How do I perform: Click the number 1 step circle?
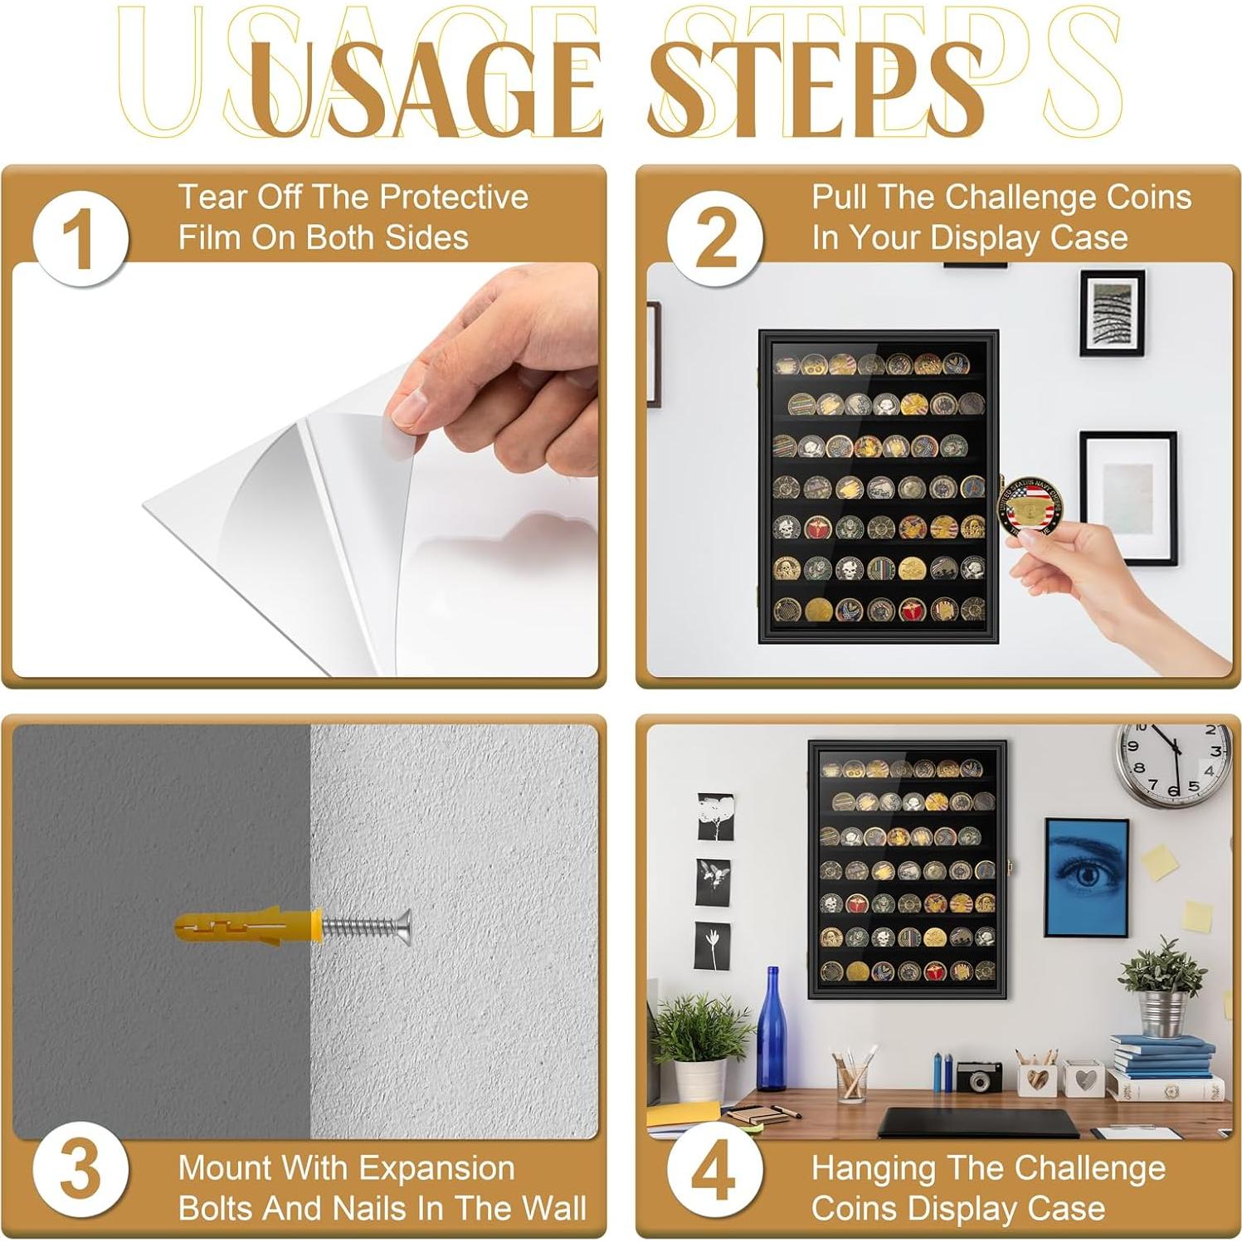tap(80, 239)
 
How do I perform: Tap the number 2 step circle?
tap(715, 239)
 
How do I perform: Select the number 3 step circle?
tap(80, 1171)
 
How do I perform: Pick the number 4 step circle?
tap(715, 1171)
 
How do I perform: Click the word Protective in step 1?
tap(454, 197)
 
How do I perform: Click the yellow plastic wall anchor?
tap(248, 928)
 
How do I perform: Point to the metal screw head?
tap(403, 928)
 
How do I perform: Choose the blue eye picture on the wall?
tap(1086, 877)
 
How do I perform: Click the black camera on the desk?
tap(979, 1075)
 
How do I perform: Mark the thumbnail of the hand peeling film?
tap(304, 470)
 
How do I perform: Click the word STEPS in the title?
tap(816, 87)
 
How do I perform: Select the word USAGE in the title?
tap(423, 87)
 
